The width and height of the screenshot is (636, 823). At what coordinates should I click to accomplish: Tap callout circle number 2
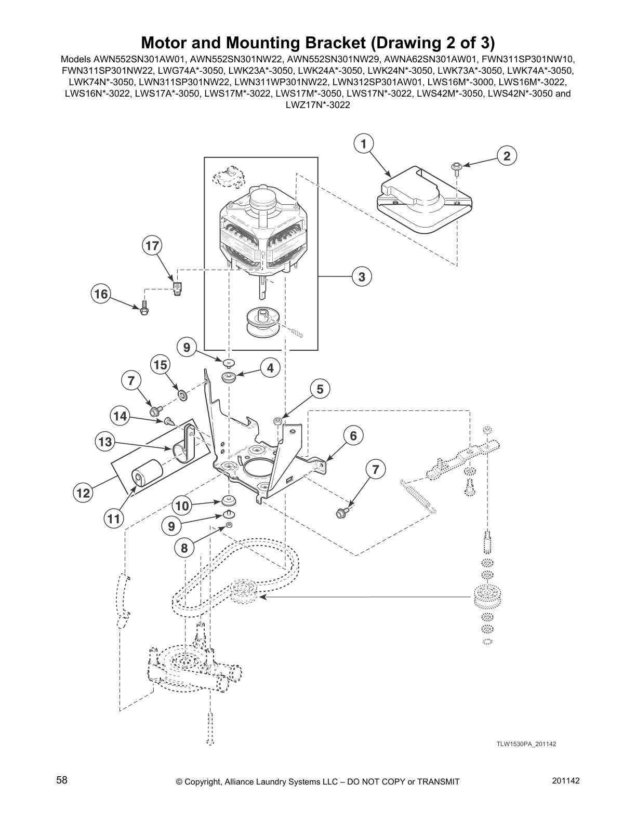point(507,155)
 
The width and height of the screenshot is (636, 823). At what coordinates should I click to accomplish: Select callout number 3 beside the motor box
point(362,277)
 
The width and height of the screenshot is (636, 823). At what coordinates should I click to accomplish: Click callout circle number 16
point(101,294)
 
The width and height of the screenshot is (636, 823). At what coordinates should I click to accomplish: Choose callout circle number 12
point(83,493)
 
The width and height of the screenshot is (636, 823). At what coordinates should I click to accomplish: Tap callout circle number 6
point(353,435)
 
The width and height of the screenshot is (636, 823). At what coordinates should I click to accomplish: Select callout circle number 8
point(184,547)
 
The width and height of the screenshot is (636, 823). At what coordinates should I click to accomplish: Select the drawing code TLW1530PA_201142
point(526,744)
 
